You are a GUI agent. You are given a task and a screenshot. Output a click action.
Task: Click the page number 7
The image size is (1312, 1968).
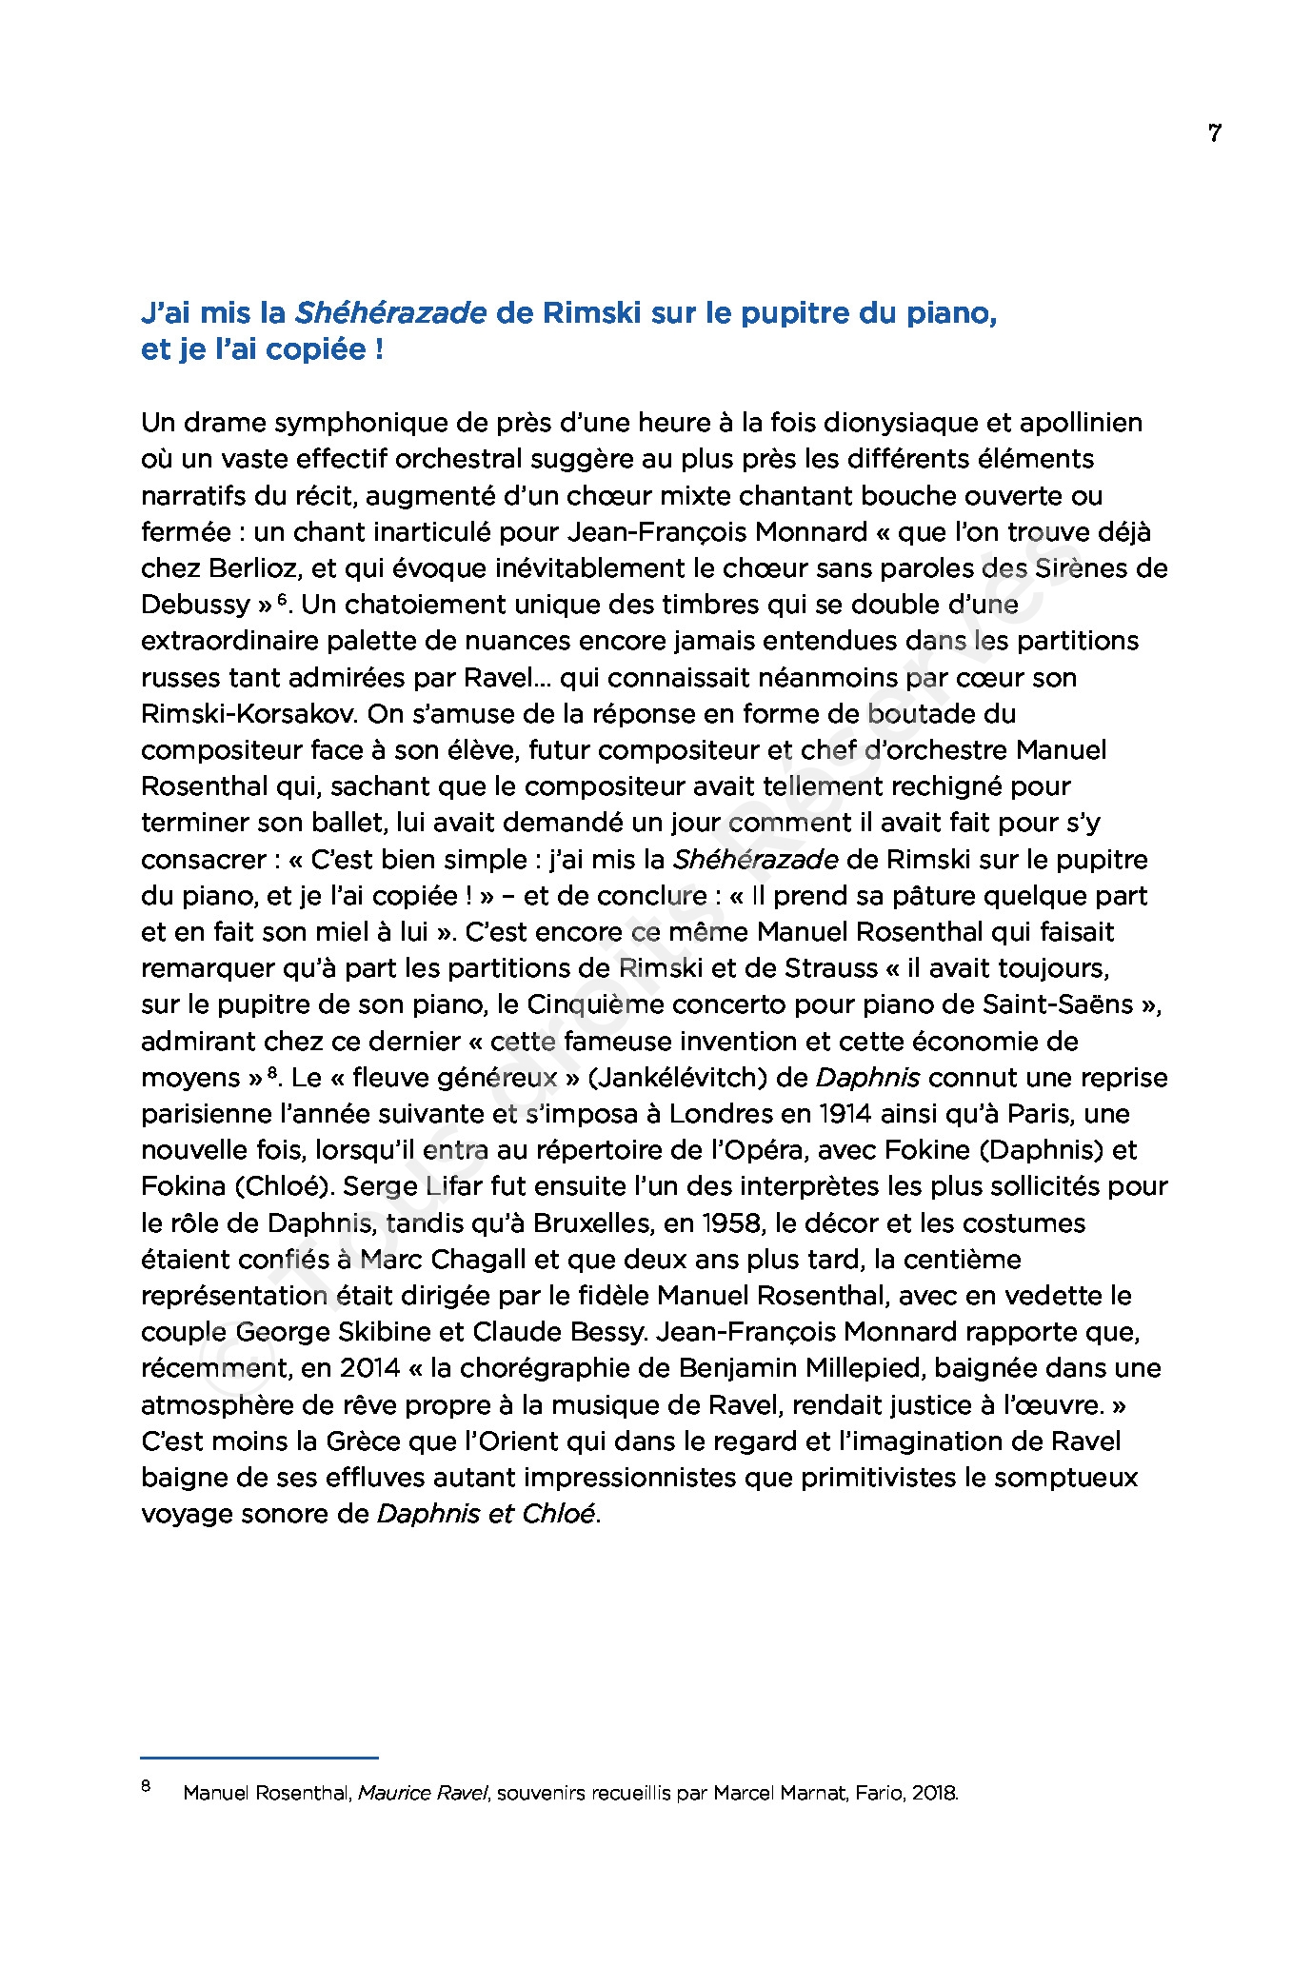[1214, 133]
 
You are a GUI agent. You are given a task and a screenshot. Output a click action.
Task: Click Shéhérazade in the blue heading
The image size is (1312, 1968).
[391, 313]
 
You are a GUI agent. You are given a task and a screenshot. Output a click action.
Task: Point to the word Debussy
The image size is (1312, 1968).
[195, 605]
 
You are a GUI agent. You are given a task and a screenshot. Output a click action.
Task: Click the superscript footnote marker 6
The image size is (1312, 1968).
[282, 600]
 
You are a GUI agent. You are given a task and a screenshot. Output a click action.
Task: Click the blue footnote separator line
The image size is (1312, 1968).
[259, 1758]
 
